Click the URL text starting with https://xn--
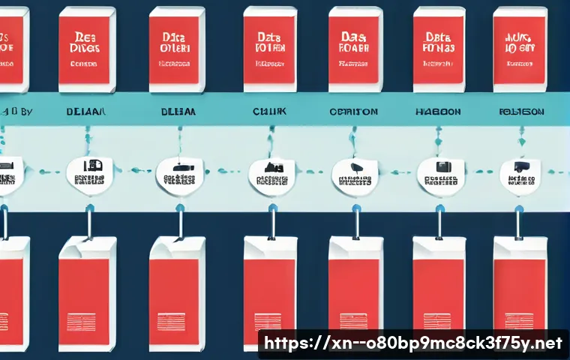(412, 344)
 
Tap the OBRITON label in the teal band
(353, 111)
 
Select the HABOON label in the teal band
(437, 111)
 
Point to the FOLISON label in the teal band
(521, 111)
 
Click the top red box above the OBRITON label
(355, 46)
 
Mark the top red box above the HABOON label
(439, 46)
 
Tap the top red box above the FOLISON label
(520, 46)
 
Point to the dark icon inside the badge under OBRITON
(355, 167)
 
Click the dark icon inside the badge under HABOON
(439, 167)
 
